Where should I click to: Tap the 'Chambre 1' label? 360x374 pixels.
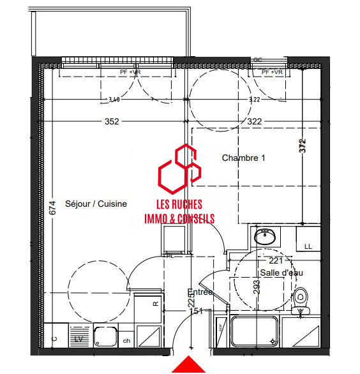[x=243, y=158]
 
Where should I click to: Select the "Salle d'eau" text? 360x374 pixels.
[x=281, y=273]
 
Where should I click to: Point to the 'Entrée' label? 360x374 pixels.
[x=203, y=293]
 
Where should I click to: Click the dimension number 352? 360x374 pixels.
[x=112, y=123]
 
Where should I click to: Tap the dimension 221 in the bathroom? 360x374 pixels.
[x=275, y=260]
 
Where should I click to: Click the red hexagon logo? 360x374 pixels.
[x=179, y=168]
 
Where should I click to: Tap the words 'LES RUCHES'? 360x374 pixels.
[x=179, y=205]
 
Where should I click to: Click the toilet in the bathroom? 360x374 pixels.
[x=300, y=301]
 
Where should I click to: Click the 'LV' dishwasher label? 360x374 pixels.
[x=79, y=339]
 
